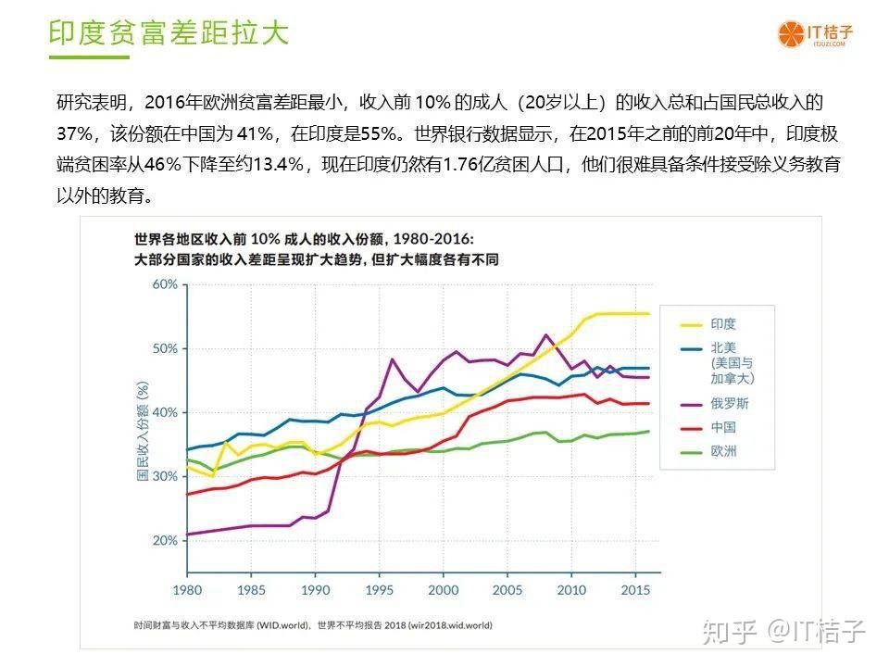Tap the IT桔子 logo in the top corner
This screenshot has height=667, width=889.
815,33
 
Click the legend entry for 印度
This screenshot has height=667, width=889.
723,324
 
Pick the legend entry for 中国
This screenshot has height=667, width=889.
723,427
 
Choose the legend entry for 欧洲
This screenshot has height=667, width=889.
723,451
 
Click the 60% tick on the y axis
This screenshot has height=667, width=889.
164,284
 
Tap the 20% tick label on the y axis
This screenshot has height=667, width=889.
164,540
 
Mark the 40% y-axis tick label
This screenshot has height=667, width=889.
164,412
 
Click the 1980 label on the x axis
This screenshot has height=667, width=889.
187,589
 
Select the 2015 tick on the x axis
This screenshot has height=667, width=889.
634,589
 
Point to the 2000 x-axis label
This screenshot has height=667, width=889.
443,589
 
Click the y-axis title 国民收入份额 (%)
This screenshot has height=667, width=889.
143,431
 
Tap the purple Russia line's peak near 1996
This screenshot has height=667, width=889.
392,359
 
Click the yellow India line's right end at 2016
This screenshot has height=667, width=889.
647,314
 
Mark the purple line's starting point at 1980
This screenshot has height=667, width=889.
188,535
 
